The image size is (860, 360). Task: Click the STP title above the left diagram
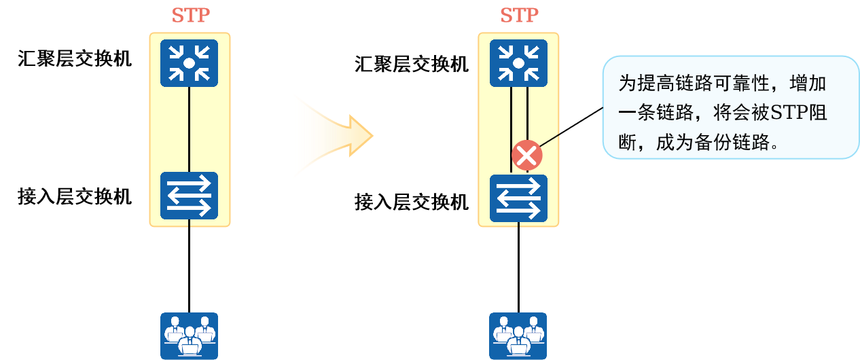(190, 16)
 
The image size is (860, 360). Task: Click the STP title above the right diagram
(519, 16)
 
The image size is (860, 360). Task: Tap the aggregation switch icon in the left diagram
(190, 63)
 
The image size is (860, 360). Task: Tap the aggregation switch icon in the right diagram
(518, 63)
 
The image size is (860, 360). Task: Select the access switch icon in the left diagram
(190, 196)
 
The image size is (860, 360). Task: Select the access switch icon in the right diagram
(518, 198)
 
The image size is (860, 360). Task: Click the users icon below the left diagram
(190, 336)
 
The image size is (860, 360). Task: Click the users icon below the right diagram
(518, 336)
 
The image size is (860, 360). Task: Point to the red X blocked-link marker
(526, 156)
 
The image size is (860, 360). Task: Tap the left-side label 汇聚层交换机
(75, 58)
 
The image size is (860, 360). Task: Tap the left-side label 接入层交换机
(75, 196)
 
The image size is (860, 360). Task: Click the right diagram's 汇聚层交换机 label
(411, 64)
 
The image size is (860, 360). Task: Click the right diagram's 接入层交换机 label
(411, 202)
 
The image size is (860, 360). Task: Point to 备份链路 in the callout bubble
(732, 143)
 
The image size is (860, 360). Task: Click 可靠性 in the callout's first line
(742, 84)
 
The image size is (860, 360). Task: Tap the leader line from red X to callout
(571, 127)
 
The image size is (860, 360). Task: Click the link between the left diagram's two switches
(190, 129)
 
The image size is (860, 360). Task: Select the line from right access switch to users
(518, 267)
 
